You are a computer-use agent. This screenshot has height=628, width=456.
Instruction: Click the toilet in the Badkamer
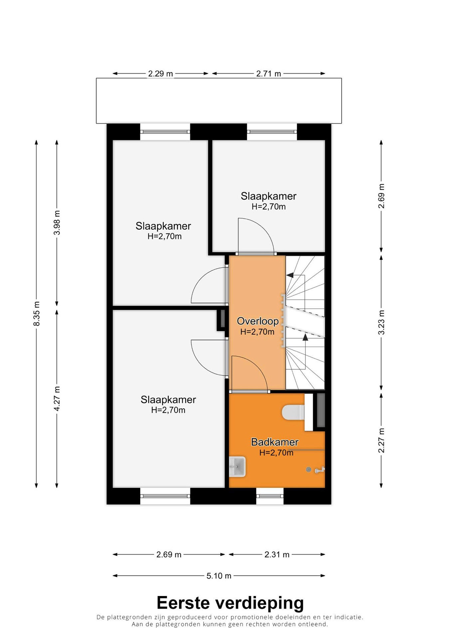click(293, 413)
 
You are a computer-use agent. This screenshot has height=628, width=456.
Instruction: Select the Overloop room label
click(258, 321)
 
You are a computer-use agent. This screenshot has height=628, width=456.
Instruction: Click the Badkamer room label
click(275, 442)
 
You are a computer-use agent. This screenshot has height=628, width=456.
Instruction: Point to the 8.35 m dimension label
click(37, 314)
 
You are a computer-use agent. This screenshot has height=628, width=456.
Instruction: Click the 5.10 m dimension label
click(219, 576)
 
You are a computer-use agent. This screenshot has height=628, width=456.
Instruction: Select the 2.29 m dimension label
click(160, 74)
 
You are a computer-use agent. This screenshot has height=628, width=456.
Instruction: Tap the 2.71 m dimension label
click(269, 74)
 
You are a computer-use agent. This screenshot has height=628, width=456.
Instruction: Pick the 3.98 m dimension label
click(57, 222)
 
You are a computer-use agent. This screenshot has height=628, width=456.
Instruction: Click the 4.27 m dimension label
click(57, 399)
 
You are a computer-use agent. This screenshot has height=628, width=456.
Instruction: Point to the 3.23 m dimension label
click(381, 322)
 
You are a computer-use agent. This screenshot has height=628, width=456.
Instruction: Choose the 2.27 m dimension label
click(381, 440)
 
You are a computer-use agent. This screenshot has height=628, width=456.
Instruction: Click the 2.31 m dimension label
click(277, 555)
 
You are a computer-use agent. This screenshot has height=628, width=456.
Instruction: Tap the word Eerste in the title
click(183, 603)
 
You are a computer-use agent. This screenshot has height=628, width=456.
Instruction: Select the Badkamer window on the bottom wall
click(270, 496)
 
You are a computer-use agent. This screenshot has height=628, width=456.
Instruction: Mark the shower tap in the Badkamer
click(320, 470)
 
